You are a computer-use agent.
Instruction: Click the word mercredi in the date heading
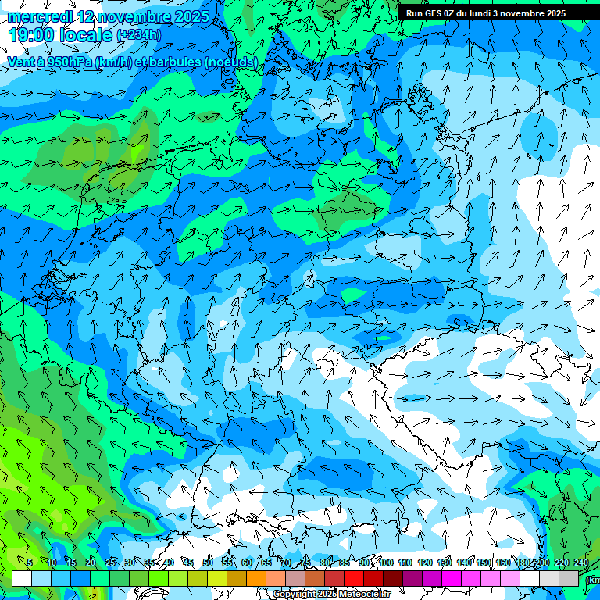(x=38, y=16)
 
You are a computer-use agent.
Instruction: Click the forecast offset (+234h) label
(x=139, y=34)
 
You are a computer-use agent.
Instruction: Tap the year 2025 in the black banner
(x=554, y=13)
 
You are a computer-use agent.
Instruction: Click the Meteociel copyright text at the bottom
(x=331, y=595)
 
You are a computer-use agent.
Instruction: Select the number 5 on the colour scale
(x=29, y=562)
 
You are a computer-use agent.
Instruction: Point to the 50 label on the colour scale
(x=207, y=562)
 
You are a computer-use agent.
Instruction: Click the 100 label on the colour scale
(x=386, y=562)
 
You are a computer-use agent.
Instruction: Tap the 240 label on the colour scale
(x=580, y=562)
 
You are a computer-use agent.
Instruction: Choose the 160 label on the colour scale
(x=503, y=562)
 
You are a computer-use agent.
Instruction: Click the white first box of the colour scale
(x=22, y=578)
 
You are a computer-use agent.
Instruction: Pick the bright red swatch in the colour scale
(x=354, y=578)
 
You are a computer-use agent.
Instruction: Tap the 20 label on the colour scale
(x=91, y=562)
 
